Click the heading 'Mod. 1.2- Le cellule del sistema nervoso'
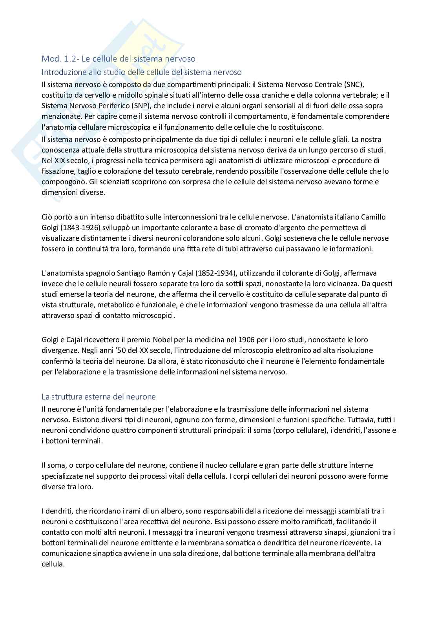pyautogui.click(x=119, y=59)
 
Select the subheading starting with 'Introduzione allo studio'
pyautogui.click(x=141, y=72)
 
